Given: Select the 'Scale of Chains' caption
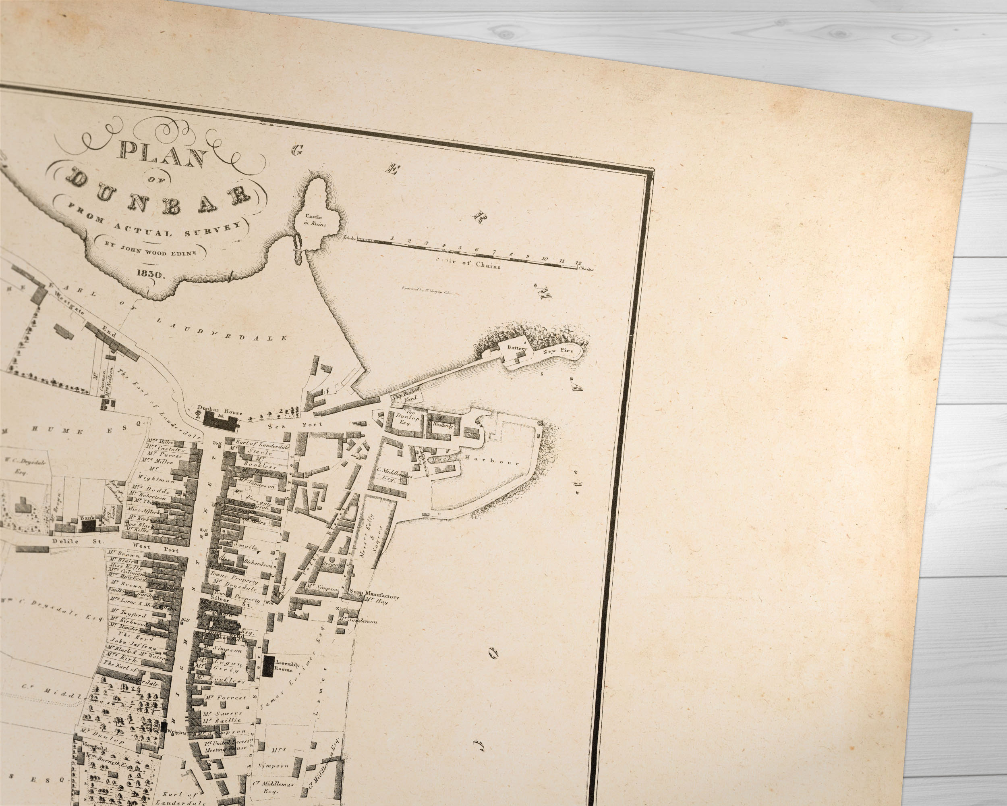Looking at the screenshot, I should pos(468,263).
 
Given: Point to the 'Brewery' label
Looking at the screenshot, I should pos(336,565).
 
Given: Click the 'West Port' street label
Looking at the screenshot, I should pos(155,545).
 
